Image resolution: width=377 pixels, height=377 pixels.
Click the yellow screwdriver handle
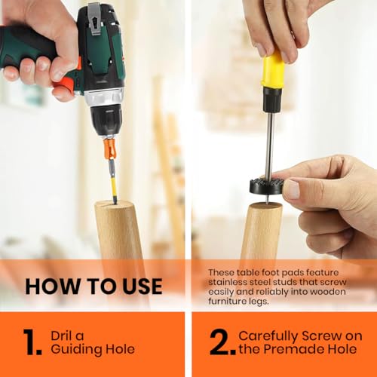273,69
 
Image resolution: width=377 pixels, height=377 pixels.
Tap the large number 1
32,342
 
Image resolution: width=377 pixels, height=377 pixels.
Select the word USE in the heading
143,287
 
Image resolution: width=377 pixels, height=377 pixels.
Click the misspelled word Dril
62,336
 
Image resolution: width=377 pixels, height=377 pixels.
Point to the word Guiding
76,350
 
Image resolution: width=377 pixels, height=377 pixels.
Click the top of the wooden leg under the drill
113,204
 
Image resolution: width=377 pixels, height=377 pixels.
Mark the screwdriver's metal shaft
270,146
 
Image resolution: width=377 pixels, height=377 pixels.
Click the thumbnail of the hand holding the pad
293,188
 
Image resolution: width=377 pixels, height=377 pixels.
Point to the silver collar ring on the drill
104,98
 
